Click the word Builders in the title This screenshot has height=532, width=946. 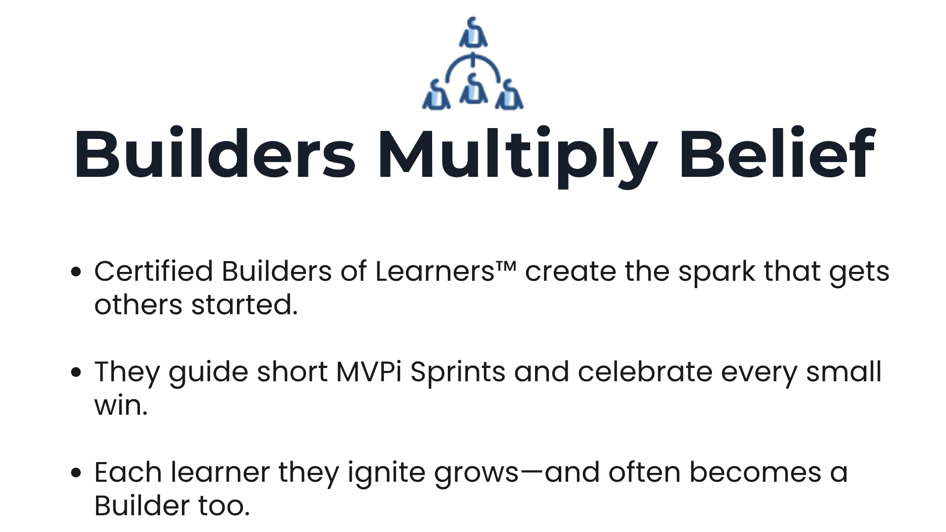pos(214,154)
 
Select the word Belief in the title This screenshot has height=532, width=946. pos(777,154)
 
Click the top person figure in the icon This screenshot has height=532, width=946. pos(473,33)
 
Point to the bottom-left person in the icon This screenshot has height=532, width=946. pos(436,95)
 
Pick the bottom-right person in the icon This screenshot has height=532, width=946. pos(509,95)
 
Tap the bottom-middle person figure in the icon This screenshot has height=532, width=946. pos(473,89)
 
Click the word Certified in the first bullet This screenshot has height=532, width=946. pos(153,271)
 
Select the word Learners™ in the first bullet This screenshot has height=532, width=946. pos(445,271)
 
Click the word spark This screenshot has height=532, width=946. pos(716,272)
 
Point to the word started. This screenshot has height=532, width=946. pos(244,305)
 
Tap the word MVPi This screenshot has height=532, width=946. pos(369,371)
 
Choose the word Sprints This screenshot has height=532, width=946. pos(458,372)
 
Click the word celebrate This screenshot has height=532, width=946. pos(645,371)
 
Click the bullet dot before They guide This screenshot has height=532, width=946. pos(76,372)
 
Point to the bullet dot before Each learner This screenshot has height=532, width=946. pos(76,473)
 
